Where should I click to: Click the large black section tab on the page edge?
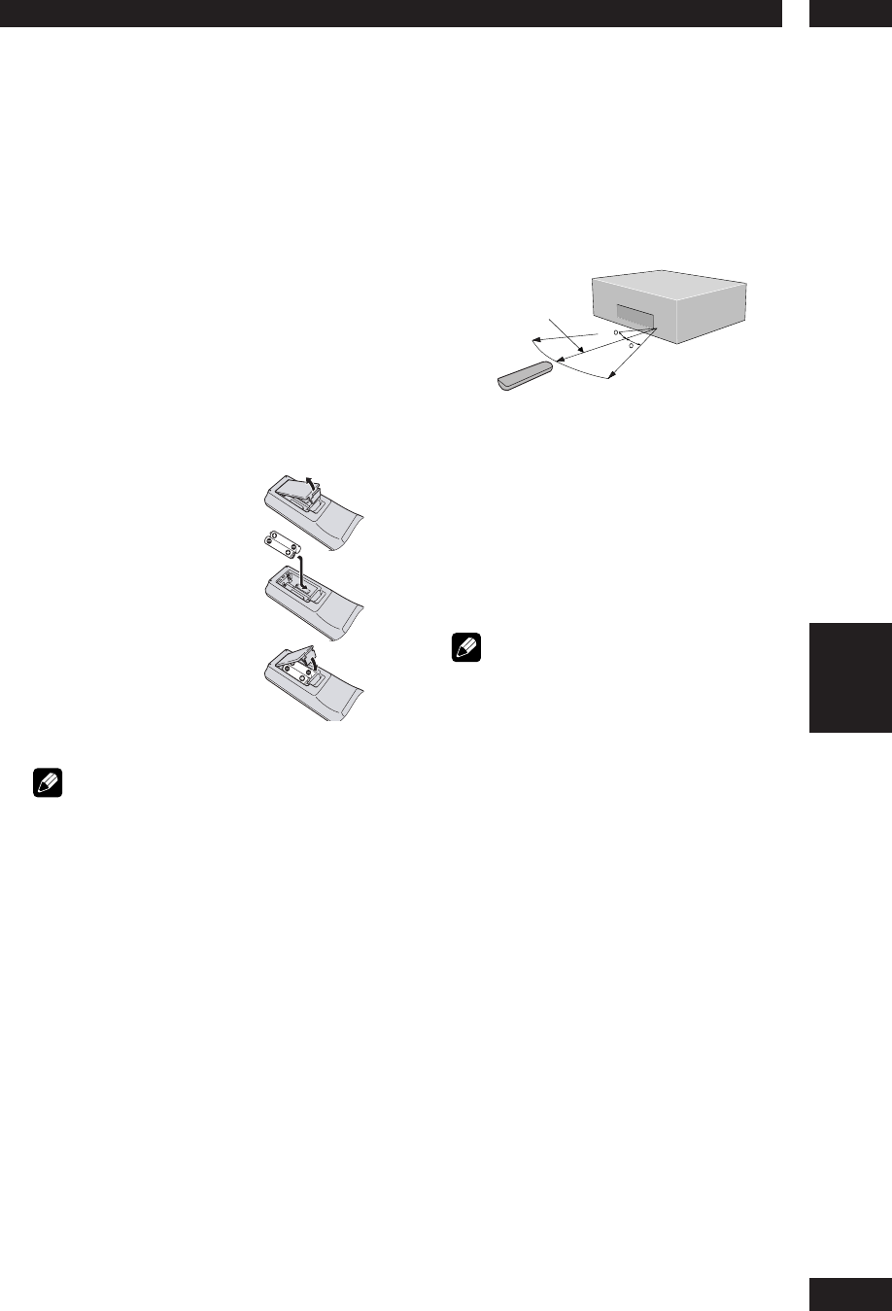click(849, 677)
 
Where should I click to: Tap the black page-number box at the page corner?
click(849, 1294)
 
